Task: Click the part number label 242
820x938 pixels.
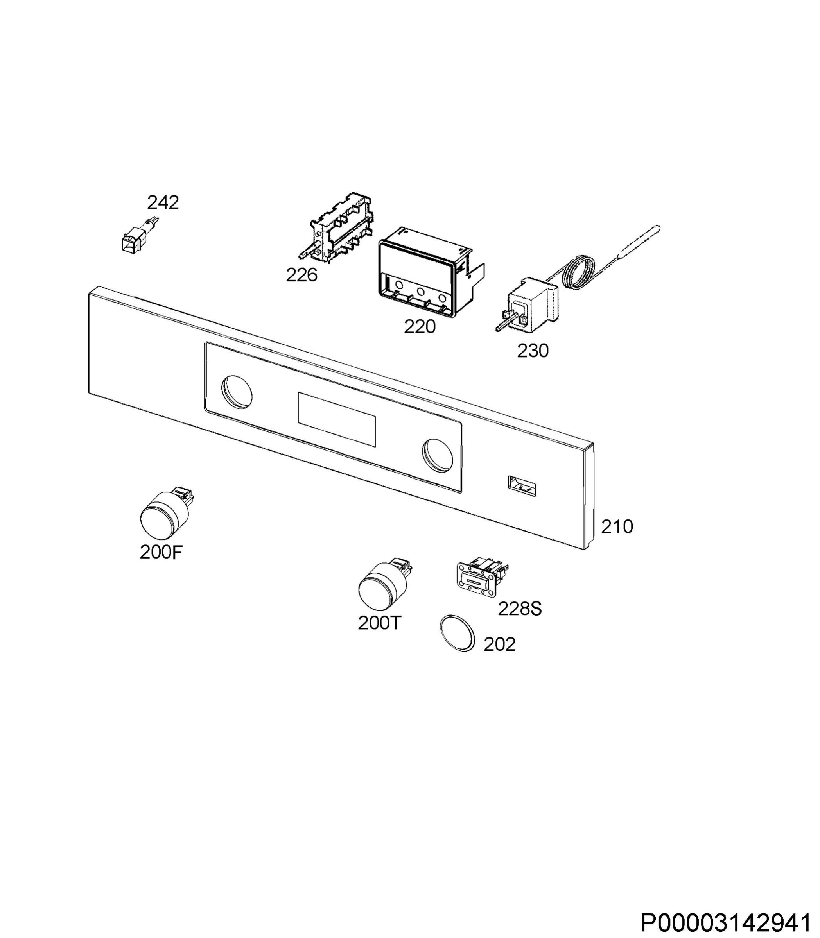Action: pyautogui.click(x=163, y=202)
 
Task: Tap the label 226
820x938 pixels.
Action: pyautogui.click(x=301, y=275)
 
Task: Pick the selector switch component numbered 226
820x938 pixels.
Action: pyautogui.click(x=337, y=227)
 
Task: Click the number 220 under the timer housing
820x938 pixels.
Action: pyautogui.click(x=420, y=326)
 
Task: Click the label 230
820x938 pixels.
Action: pyautogui.click(x=533, y=351)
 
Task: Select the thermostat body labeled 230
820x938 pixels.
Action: pyautogui.click(x=529, y=304)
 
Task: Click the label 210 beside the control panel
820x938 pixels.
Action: pyautogui.click(x=617, y=527)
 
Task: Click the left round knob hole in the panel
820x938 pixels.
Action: pyautogui.click(x=237, y=392)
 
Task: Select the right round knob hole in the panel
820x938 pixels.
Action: pyautogui.click(x=438, y=455)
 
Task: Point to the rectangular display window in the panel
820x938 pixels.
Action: pyautogui.click(x=337, y=419)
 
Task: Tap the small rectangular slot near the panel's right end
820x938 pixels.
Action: pyautogui.click(x=522, y=486)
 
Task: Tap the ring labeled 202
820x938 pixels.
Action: pyautogui.click(x=457, y=633)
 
